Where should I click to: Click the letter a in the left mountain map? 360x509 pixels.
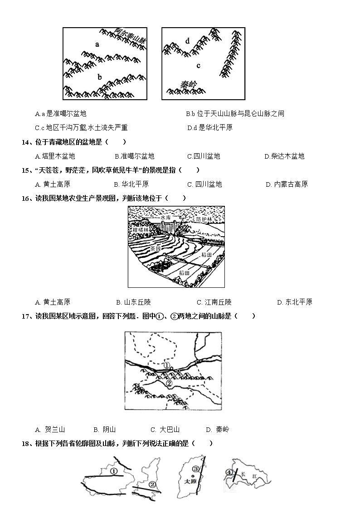coord(97,44)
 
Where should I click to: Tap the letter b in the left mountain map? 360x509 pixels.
coord(99,77)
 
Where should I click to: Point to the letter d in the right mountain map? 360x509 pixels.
coord(188,41)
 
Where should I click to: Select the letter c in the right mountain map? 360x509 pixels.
coord(198,65)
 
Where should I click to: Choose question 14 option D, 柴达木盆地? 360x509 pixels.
coord(284,156)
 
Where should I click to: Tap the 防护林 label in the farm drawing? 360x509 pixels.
coord(204,219)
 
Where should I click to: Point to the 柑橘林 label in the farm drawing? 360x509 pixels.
coord(141,230)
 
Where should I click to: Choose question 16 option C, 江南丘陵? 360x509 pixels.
coord(214,302)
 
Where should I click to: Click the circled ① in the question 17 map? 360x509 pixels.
coord(166,365)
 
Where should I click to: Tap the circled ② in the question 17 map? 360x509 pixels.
coord(169,383)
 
